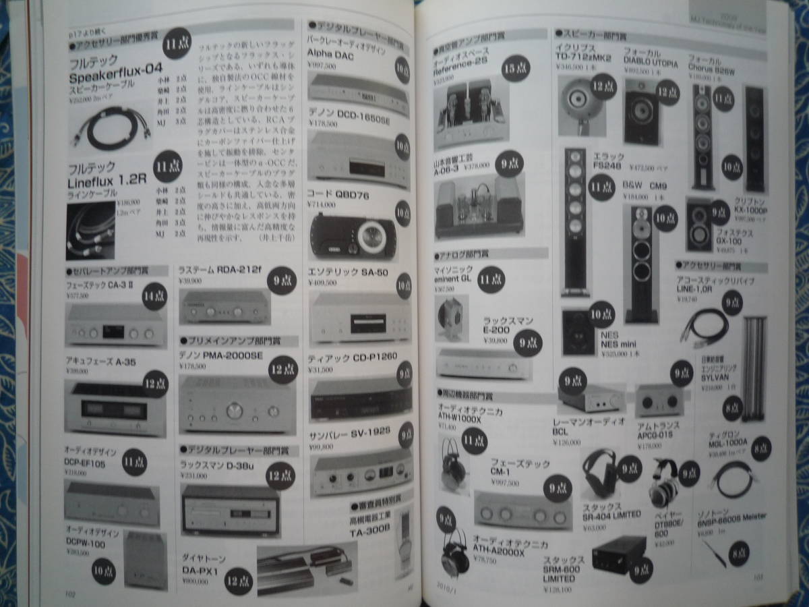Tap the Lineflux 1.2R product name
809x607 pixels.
click(107, 181)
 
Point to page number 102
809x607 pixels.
click(69, 594)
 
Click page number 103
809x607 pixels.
click(758, 577)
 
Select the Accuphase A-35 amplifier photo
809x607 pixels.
click(115, 406)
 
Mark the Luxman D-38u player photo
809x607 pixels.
click(230, 510)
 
